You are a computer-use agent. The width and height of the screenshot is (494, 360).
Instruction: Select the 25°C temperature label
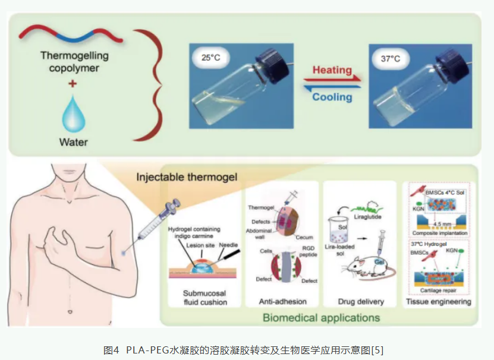tap(212, 58)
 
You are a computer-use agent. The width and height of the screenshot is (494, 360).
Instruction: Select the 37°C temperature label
tap(391, 58)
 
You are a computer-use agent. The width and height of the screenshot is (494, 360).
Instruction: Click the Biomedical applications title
tap(321, 317)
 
